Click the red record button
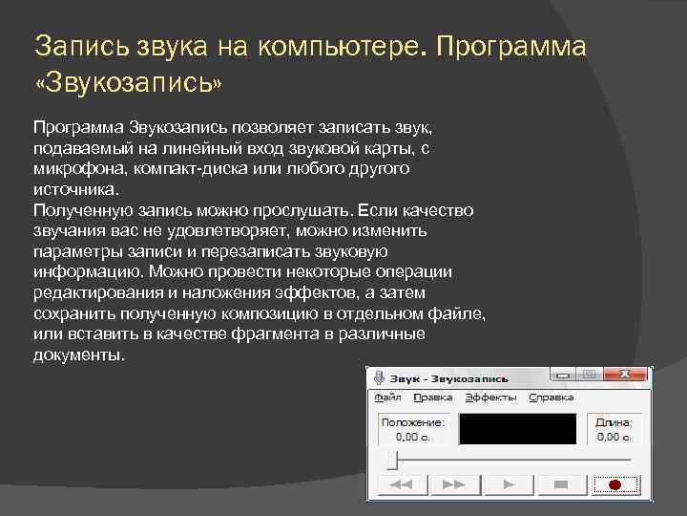[614, 485]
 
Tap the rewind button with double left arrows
[402, 485]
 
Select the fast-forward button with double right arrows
[453, 485]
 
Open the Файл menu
[387, 397]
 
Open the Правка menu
[434, 397]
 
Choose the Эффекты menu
[490, 397]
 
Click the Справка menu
[552, 397]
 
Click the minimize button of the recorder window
[565, 376]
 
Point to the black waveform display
[518, 428]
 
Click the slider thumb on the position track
[391, 461]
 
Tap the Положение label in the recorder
[412, 421]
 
